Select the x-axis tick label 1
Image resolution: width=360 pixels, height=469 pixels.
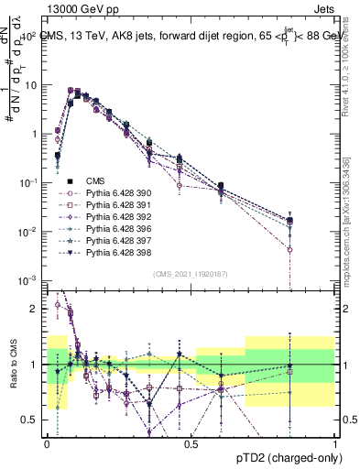(x=335, y=442)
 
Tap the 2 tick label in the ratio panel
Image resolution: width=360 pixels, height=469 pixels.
(x=36, y=309)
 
